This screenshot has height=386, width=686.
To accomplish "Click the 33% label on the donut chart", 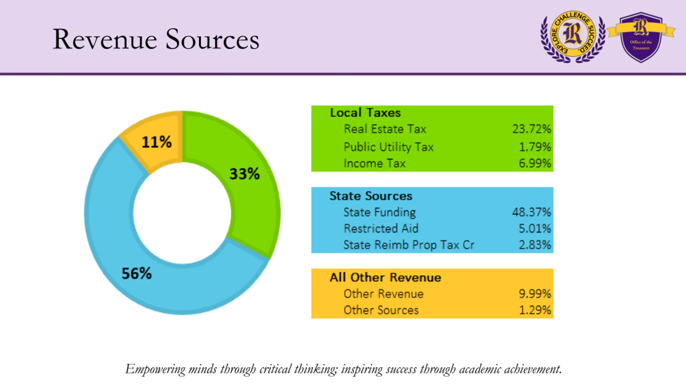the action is (244, 174).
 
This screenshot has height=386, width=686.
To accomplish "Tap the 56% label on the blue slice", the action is (137, 273).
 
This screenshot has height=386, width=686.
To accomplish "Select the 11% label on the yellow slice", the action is (156, 142).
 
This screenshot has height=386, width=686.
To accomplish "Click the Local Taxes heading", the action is (365, 113).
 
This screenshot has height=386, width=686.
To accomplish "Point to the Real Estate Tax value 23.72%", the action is (532, 129).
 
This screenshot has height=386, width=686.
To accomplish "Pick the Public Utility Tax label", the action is (389, 147).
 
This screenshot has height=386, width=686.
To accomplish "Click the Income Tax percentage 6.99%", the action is (535, 163).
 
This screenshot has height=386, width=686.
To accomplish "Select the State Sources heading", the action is (371, 196).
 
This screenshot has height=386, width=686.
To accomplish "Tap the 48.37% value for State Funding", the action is (532, 212).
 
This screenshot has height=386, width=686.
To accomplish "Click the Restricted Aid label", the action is (381, 228).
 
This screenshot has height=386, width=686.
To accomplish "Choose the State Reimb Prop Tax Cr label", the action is (409, 245).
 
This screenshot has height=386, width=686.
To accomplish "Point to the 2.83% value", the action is (535, 245).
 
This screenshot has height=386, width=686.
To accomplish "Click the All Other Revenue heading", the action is (385, 277).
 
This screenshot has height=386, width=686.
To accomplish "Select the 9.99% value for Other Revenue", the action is (535, 294).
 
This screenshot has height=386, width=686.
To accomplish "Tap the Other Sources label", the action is (381, 310).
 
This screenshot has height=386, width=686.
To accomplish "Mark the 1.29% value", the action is (535, 310).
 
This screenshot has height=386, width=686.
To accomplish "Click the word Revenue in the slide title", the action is (105, 39).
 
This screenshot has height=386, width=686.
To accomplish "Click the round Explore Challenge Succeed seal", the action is (573, 37).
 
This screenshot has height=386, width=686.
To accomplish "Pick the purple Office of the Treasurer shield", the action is (641, 37).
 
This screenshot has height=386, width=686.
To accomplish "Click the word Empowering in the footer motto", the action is (155, 369).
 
